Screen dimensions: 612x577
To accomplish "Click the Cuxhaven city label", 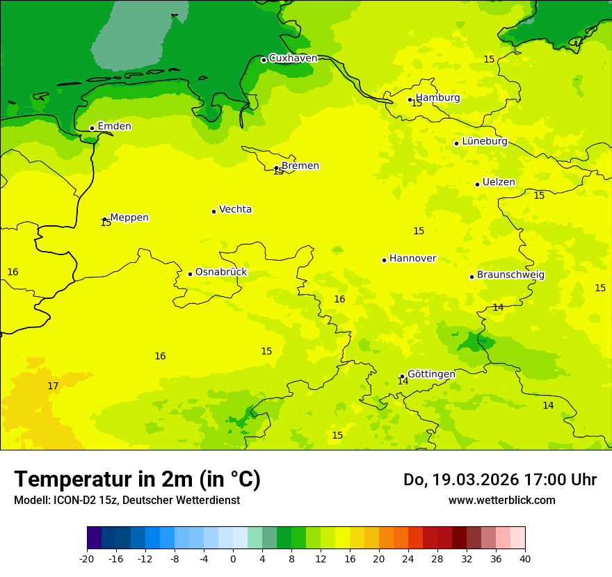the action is pos(293,58).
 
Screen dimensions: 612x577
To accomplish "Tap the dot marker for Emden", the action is pos(92,128).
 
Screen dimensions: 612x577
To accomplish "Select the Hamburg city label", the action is pos(437,98).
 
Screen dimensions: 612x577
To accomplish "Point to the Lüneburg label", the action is pos(484,141).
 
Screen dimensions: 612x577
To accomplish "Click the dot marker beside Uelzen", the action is pos(477,184).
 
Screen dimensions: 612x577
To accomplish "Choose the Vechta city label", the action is pos(235,209).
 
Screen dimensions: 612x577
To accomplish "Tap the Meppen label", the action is pos(129,218).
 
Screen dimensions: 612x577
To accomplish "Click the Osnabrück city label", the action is pos(220,272).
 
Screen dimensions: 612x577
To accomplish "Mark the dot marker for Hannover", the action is pos(384,260).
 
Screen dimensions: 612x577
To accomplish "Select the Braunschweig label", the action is pos(510,275).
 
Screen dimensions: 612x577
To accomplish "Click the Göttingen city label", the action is pos(431,374).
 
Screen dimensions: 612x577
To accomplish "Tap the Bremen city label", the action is pos(300,165).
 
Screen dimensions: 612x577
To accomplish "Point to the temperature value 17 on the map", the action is pos(53,386).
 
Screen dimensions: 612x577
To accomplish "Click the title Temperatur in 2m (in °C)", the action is pos(138,479).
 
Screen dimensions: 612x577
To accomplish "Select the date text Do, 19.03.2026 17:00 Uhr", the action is pos(499,480).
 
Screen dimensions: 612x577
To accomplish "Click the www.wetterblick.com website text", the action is pos(501,500).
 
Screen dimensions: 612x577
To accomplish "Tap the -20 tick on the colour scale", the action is pos(87,558).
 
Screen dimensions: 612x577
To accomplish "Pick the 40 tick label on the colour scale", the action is pos(525,558).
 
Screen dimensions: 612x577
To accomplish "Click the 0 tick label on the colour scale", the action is pos(233,558).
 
